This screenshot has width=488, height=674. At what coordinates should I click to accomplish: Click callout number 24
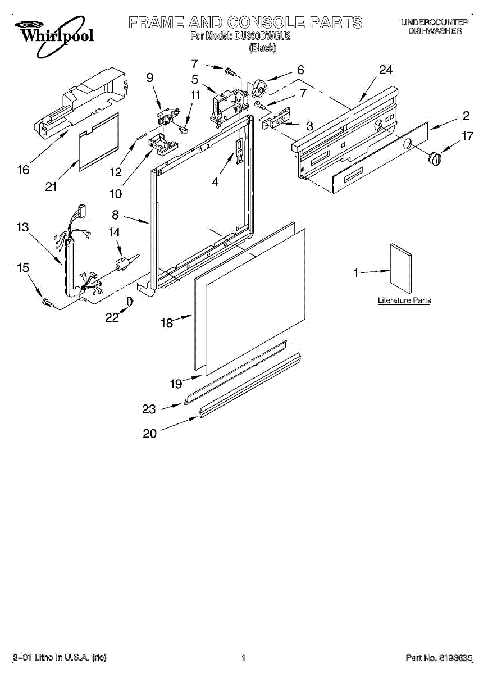click(385, 70)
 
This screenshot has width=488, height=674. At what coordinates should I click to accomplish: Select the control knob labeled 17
click(434, 158)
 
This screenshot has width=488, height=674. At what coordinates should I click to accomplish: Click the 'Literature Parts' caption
click(404, 300)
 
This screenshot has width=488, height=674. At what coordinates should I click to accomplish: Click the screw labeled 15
click(48, 304)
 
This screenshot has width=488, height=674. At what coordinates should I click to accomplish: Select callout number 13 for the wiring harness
click(22, 227)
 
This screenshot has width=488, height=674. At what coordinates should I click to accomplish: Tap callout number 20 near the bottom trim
click(150, 434)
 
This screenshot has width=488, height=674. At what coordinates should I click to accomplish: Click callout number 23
click(149, 409)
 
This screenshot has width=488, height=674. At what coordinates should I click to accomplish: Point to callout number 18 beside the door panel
click(167, 324)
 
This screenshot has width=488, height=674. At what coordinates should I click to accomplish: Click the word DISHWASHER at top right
click(435, 31)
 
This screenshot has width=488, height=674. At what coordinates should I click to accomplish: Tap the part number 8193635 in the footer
click(456, 657)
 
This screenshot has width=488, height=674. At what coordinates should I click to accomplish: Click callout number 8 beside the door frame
click(115, 214)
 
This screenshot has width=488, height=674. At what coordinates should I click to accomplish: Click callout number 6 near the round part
click(300, 70)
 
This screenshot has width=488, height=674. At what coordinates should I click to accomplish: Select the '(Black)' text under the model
click(262, 48)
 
